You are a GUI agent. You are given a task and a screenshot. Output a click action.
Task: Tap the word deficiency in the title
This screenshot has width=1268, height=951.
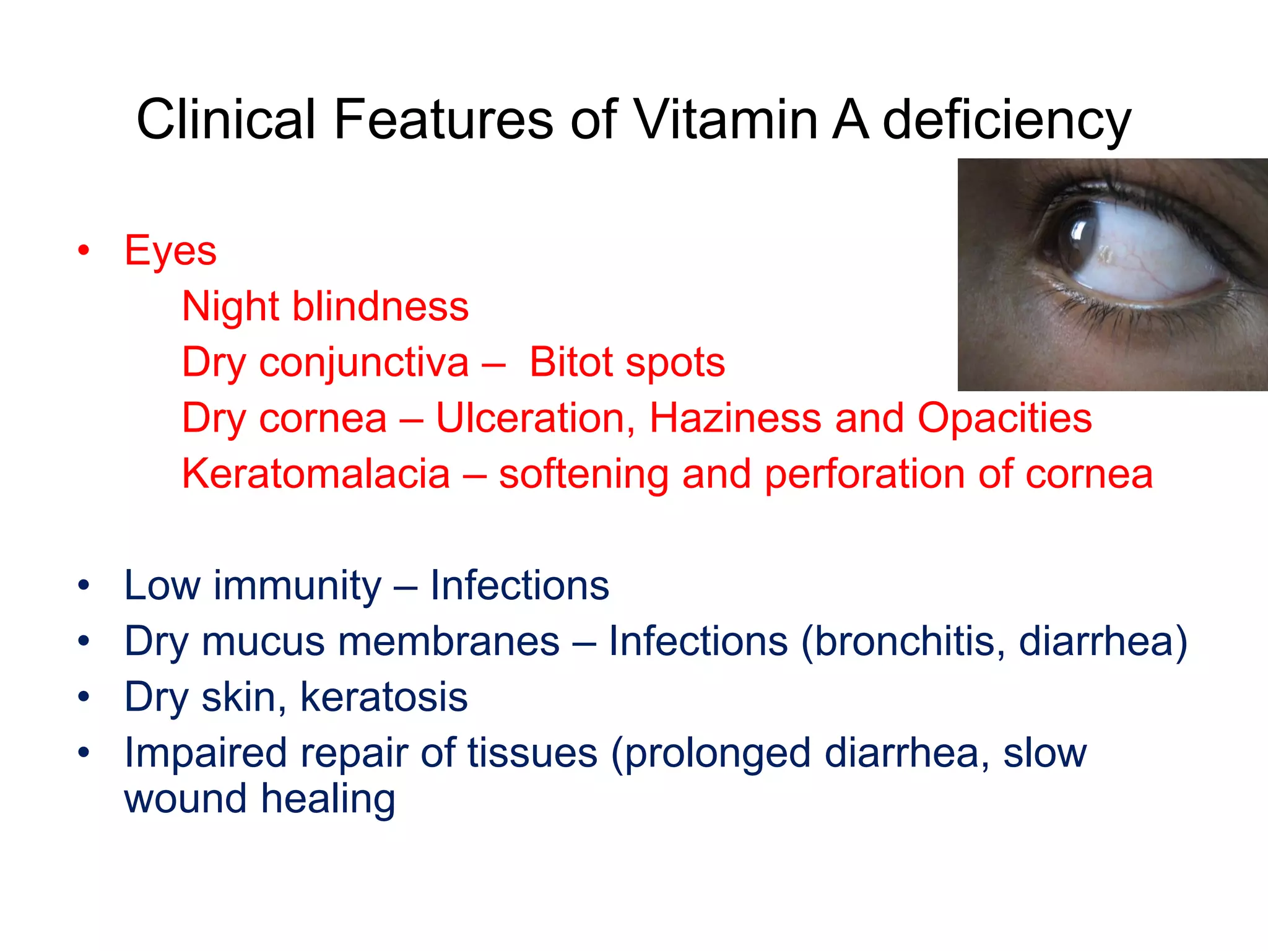pos(1007,121)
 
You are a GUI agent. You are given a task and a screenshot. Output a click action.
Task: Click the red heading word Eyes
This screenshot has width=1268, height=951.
pos(170,251)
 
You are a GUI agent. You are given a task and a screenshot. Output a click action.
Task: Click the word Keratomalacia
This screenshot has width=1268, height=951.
pos(316,474)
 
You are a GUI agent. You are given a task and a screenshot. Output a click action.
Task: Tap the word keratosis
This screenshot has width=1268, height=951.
pos(384,697)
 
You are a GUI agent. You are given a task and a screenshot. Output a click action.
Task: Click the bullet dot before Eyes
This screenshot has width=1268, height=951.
pos(84,251)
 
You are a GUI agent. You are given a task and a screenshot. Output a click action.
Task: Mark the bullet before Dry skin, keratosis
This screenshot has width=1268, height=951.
pos(84,697)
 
